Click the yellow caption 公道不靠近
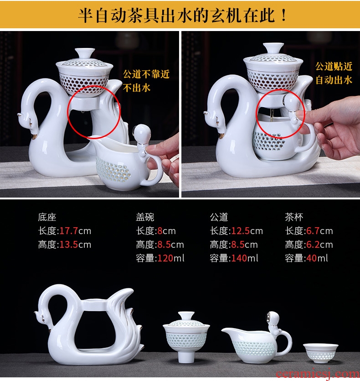tap(146, 74)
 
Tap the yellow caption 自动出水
tap(334, 80)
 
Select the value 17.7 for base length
tap(68, 230)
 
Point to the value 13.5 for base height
tap(68, 245)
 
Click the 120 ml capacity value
tap(165, 258)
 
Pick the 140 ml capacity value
tap(239, 258)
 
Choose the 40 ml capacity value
tap(311, 258)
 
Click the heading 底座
tap(47, 217)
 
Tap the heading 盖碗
tap(145, 217)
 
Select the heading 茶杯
tap(294, 217)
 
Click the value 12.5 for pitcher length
tap(240, 230)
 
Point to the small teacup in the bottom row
tap(320, 353)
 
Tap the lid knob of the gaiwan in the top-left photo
tap(85, 53)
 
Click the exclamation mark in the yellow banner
tap(283, 15)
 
